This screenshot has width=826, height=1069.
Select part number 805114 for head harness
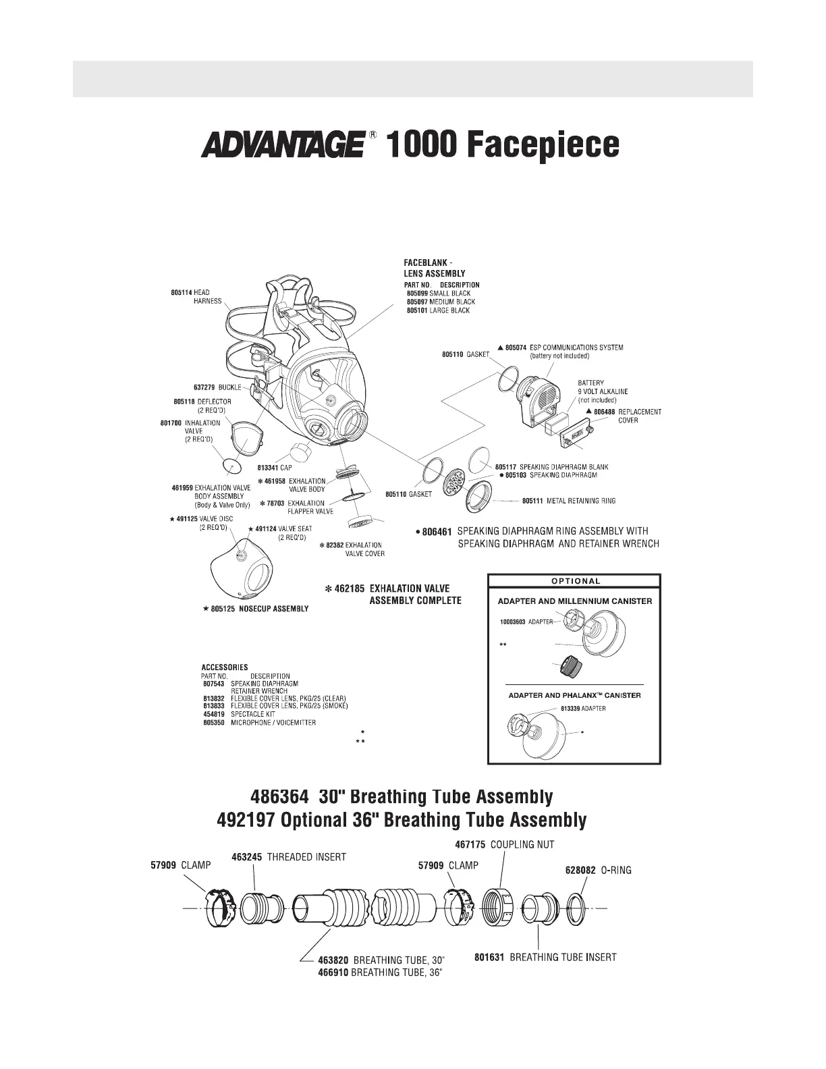tap(181, 292)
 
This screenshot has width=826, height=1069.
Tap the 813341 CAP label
tap(275, 467)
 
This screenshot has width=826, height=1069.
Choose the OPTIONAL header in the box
tap(575, 581)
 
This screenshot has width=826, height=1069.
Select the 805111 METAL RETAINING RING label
tap(568, 501)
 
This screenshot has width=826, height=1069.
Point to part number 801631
tap(489, 957)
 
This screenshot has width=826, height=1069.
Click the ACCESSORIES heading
tap(225, 667)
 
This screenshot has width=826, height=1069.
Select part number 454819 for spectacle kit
tap(213, 714)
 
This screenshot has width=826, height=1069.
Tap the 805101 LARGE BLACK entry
tap(438, 310)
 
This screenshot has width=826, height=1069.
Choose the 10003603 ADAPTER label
tap(526, 622)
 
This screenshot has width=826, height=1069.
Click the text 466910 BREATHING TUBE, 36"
tap(379, 972)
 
